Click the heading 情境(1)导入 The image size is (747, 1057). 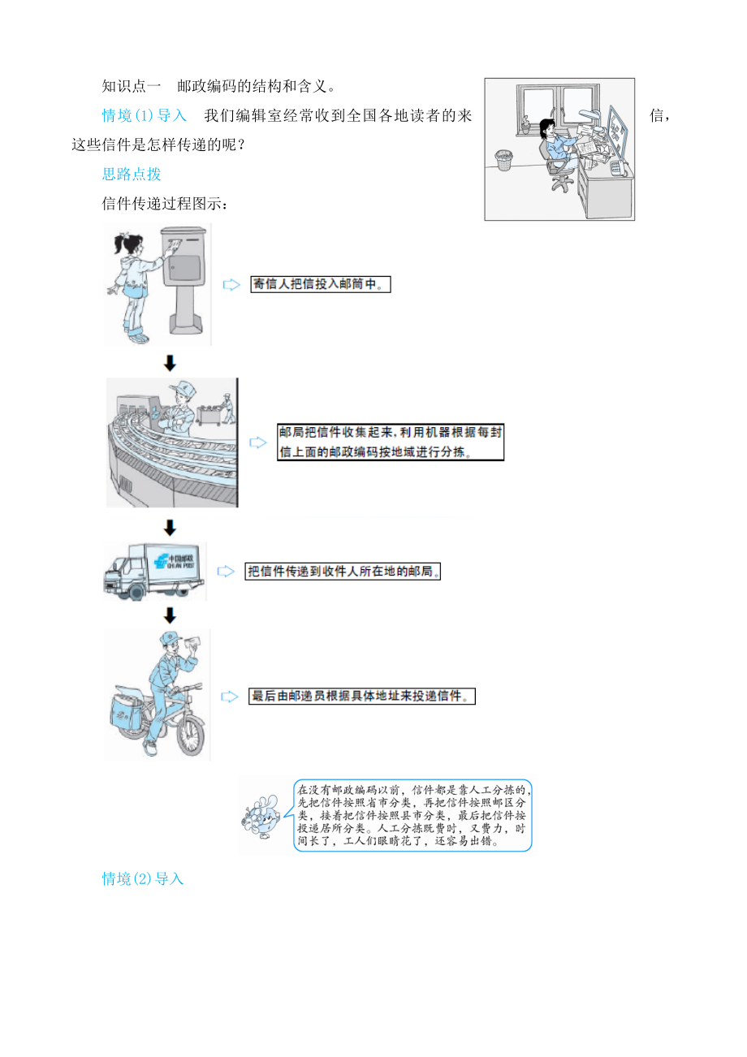tap(144, 115)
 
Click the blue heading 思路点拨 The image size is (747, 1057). tap(132, 174)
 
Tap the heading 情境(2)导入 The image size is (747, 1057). tap(143, 878)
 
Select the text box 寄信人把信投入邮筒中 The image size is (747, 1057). tap(321, 284)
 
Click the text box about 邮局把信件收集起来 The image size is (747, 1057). tap(391, 442)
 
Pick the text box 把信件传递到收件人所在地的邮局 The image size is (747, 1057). tap(343, 572)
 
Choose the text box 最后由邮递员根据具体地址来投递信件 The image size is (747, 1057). tap(362, 696)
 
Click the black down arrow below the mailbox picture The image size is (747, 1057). tap(170, 363)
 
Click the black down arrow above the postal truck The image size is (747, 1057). tap(170, 528)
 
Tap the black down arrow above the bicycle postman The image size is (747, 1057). tap(170, 615)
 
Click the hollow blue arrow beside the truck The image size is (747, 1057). tap(226, 572)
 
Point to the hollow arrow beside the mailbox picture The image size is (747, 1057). tap(231, 284)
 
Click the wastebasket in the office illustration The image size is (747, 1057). tap(503, 160)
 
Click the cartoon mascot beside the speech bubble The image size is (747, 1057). tap(261, 817)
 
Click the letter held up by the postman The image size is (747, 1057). tap(192, 643)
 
